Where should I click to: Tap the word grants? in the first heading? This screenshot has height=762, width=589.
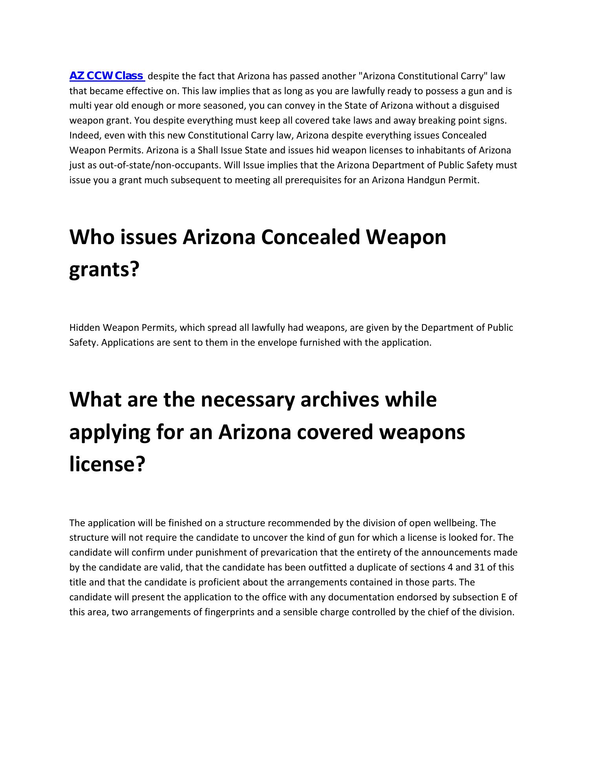tap(104, 270)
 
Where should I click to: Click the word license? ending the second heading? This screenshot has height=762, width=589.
tap(107, 465)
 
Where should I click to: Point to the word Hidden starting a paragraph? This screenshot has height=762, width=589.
tap(84, 328)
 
